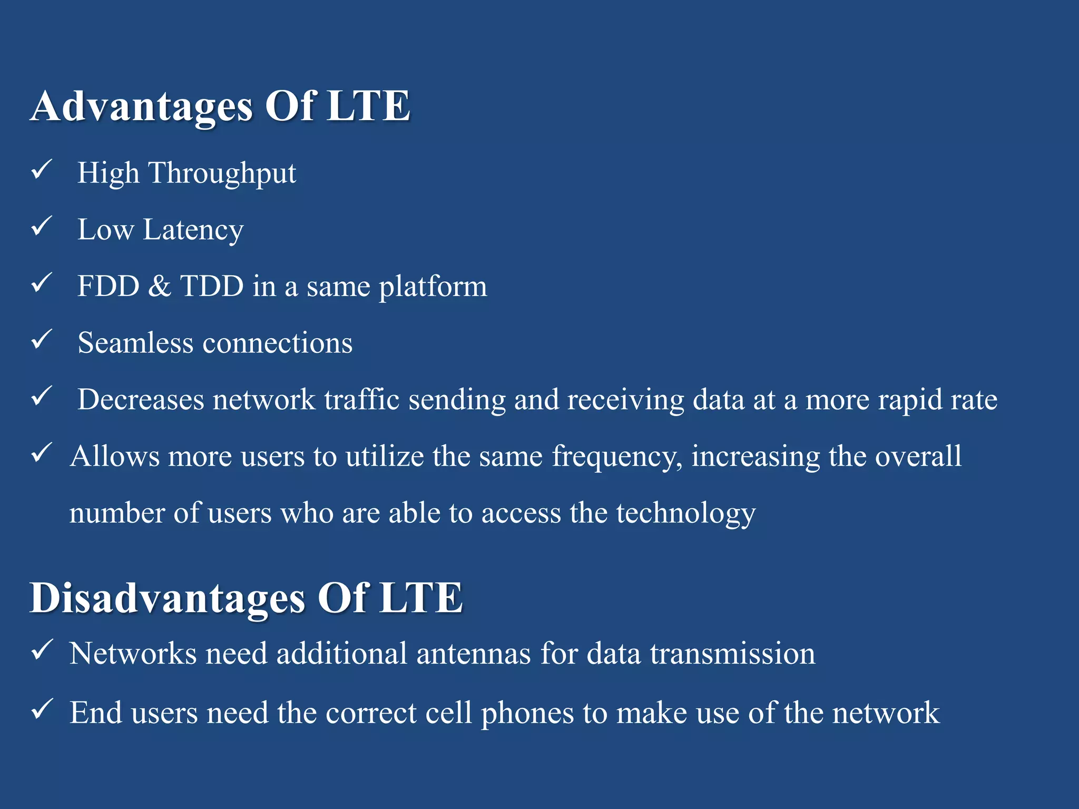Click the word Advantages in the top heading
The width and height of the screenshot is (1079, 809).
(x=141, y=107)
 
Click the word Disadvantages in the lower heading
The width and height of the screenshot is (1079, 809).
(x=168, y=599)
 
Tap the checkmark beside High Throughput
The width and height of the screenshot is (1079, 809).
(x=41, y=170)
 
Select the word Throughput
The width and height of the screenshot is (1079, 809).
(x=222, y=174)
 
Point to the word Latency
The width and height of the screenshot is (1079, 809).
(x=193, y=231)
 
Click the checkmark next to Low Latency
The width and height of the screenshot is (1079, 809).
(x=41, y=226)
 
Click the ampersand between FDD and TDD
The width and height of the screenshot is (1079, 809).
(x=160, y=287)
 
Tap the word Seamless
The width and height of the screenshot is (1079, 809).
(x=135, y=343)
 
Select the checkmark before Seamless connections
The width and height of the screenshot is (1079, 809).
(x=41, y=340)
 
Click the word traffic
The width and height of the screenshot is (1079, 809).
(x=361, y=399)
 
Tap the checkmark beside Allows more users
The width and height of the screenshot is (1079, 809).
(x=41, y=453)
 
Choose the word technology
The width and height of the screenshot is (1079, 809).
(x=686, y=514)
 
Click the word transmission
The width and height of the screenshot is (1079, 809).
(x=732, y=654)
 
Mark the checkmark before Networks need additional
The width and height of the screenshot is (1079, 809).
(x=41, y=650)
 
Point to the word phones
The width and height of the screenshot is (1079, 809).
(x=527, y=714)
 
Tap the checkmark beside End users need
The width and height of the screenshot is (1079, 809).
(x=41, y=709)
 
